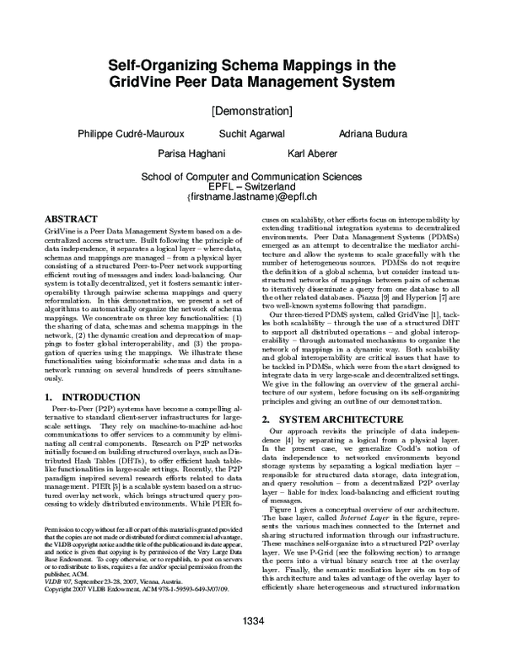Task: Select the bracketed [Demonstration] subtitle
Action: [x=252, y=110]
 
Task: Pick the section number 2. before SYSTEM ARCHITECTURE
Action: [x=266, y=418]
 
